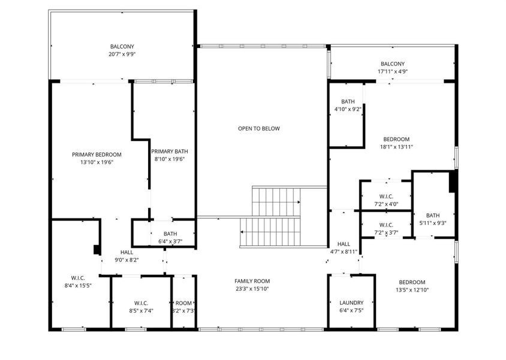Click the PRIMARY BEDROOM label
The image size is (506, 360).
click(97, 155)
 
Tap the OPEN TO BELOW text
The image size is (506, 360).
click(259, 128)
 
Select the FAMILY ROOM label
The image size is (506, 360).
click(252, 281)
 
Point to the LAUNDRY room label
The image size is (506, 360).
click(351, 303)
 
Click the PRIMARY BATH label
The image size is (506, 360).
click(170, 151)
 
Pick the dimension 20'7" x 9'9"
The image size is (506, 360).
click(122, 54)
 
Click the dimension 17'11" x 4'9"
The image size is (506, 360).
click(393, 71)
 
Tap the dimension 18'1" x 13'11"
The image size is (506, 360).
click(396, 147)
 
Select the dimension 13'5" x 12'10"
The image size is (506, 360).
click(412, 290)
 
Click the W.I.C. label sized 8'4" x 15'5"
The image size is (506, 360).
click(78, 278)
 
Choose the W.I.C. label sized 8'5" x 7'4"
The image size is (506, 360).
click(141, 303)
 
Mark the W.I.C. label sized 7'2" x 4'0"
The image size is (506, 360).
click(386, 197)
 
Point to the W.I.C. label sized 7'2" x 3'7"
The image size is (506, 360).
click(386, 225)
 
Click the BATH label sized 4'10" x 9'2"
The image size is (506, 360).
click(348, 102)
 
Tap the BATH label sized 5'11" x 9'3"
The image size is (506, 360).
click(433, 215)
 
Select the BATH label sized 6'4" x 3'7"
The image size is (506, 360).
click(170, 234)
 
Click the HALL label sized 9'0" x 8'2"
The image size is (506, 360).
click(126, 252)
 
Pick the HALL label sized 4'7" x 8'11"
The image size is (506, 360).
click(344, 244)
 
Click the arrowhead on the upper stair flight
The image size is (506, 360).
click(299, 202)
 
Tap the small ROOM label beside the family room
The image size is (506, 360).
click(183, 303)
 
